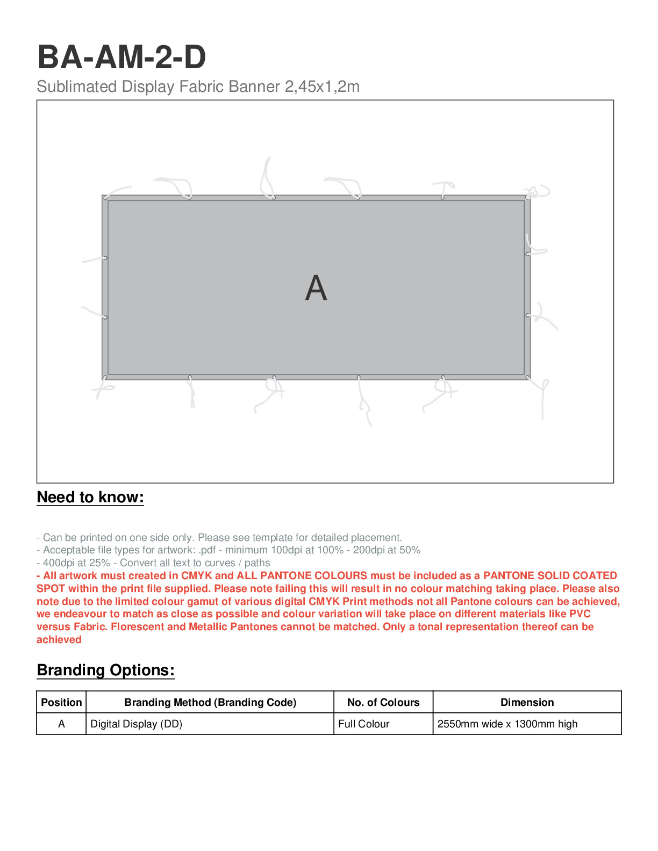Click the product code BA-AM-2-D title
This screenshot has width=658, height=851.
(x=121, y=57)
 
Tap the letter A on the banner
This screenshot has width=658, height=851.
(x=316, y=289)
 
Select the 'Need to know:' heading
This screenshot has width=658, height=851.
(x=90, y=497)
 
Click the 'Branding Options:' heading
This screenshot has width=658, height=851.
(x=106, y=670)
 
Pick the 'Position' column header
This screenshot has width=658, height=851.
(x=61, y=702)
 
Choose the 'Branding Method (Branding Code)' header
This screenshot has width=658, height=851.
(x=210, y=702)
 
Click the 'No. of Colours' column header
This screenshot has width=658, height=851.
(x=383, y=702)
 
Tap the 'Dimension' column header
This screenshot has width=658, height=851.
(x=527, y=702)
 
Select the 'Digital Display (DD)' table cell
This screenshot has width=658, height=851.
(x=137, y=724)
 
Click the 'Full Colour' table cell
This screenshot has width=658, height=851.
(x=364, y=724)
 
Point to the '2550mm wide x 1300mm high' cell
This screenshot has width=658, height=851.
(x=507, y=724)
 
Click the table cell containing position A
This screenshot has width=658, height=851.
(x=61, y=724)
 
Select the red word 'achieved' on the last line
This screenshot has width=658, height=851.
(x=59, y=640)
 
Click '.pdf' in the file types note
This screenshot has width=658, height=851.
(x=207, y=550)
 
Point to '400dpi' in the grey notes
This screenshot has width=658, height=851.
(x=59, y=563)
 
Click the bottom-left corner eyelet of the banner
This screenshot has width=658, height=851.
(x=105, y=378)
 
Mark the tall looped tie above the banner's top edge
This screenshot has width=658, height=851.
(x=267, y=177)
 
